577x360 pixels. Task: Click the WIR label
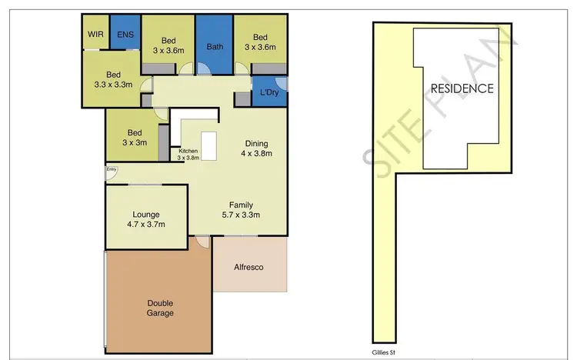(x=96, y=34)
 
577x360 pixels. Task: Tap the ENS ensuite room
(x=124, y=34)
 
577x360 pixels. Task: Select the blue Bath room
(x=215, y=46)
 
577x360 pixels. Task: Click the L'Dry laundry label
(x=268, y=93)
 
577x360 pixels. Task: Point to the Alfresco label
(x=249, y=267)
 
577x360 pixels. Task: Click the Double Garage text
(x=160, y=308)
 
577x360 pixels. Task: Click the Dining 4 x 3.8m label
(x=256, y=148)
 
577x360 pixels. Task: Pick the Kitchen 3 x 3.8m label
(x=188, y=154)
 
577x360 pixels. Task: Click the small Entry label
(x=112, y=169)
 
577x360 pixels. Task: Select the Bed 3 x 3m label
(x=135, y=137)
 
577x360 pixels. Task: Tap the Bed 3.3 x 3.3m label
(x=114, y=80)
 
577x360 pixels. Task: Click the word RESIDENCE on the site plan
(x=462, y=88)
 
